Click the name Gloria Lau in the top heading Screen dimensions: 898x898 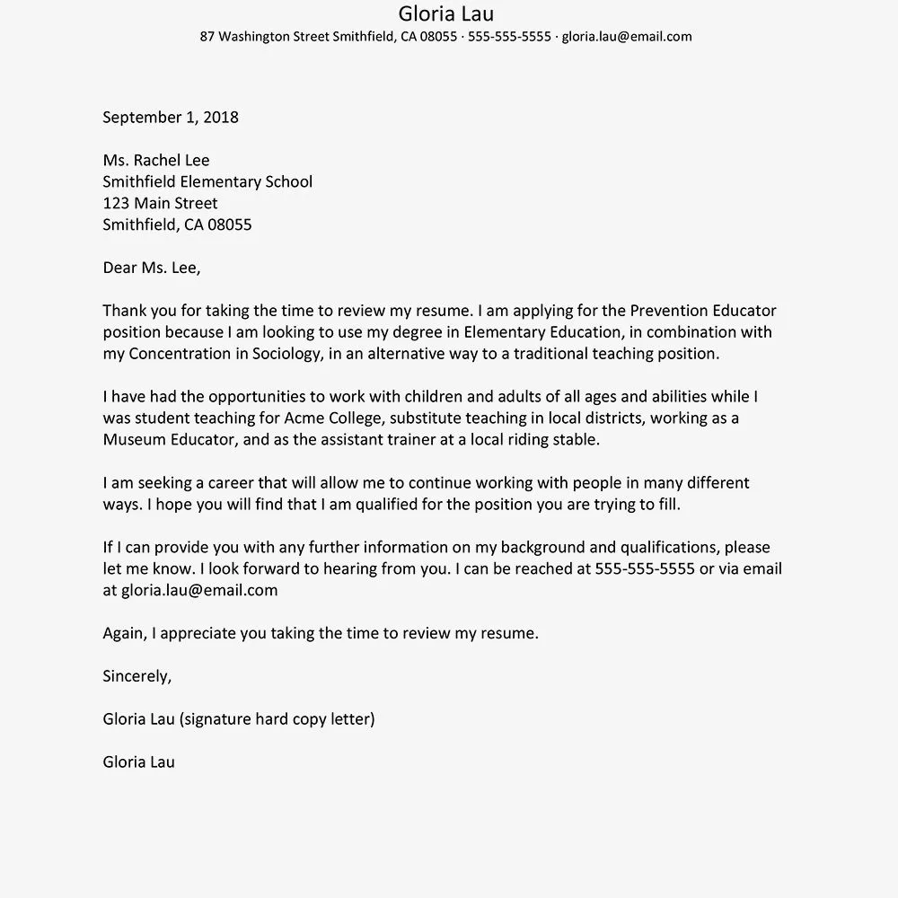[x=445, y=13]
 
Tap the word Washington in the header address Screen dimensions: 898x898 [x=254, y=37]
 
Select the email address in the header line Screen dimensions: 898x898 [x=627, y=37]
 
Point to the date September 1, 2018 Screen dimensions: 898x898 [x=171, y=117]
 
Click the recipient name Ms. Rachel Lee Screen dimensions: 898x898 [x=156, y=160]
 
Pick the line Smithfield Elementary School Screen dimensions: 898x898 [x=207, y=181]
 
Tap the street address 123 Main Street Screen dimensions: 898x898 [x=160, y=203]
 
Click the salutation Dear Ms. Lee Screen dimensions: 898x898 [x=152, y=268]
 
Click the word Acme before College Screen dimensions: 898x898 [x=304, y=418]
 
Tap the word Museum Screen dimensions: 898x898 [x=133, y=439]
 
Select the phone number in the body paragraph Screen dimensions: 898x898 [x=645, y=568]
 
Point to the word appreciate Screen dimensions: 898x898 [x=204, y=633]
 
